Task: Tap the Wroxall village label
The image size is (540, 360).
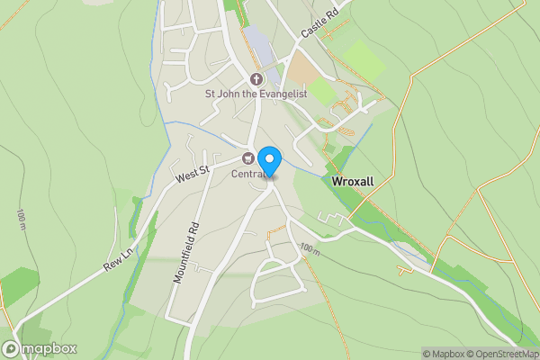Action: tap(353, 181)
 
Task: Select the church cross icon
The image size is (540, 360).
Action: tap(256, 78)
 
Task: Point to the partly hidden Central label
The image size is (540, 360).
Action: tap(248, 174)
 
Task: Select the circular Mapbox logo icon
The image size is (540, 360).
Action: tap(12, 348)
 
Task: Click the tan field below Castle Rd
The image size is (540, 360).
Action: tap(301, 68)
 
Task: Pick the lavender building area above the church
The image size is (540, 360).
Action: tap(257, 40)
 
